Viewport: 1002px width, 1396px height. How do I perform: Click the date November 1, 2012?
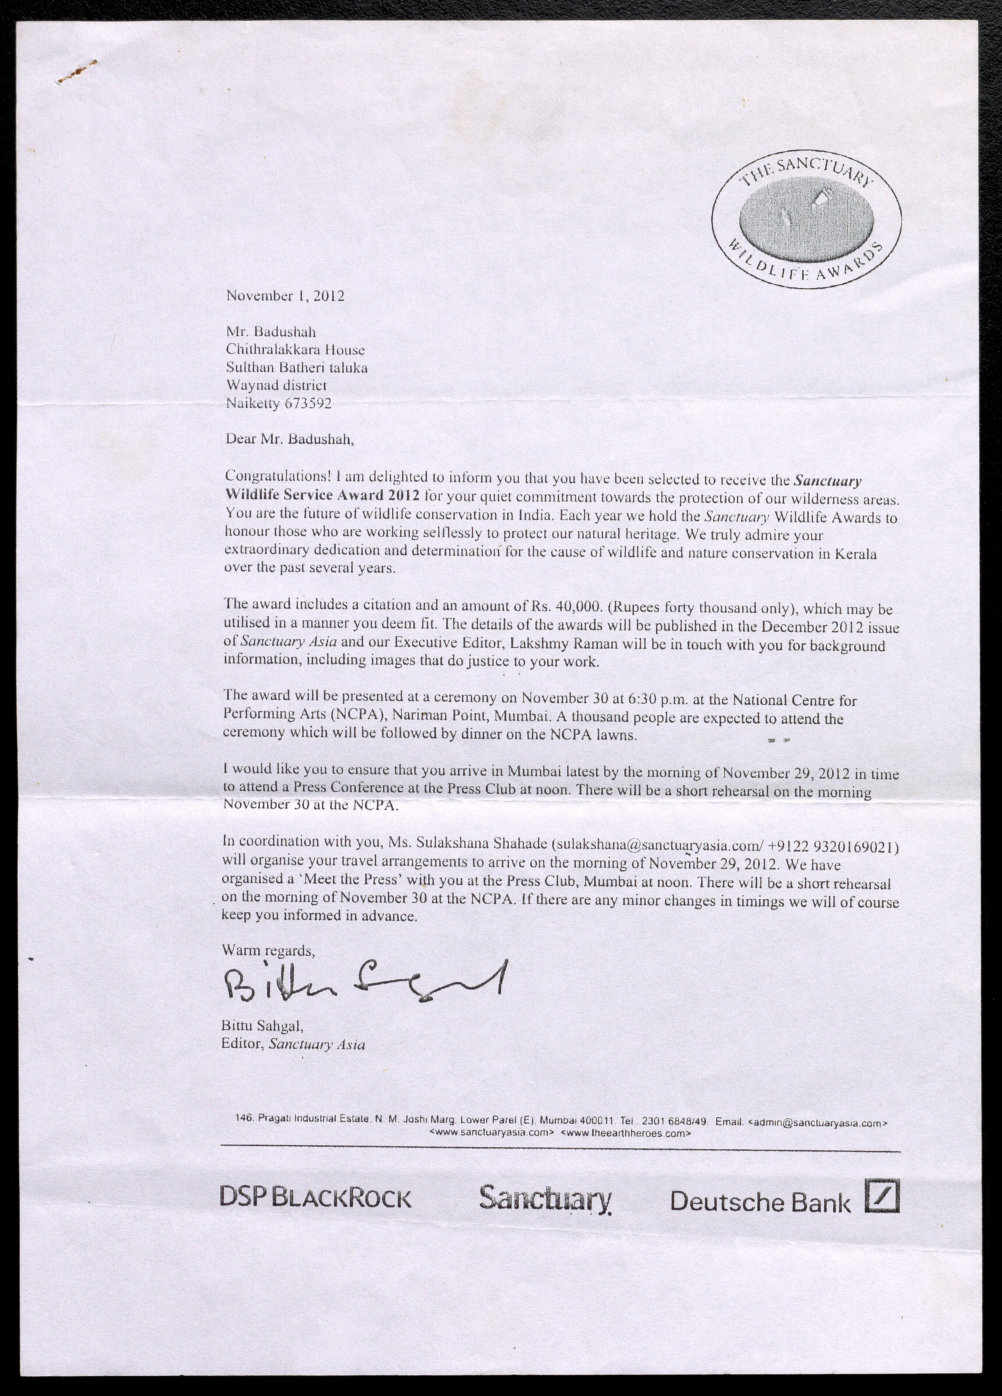285,296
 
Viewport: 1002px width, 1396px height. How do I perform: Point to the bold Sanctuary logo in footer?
545,1198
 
